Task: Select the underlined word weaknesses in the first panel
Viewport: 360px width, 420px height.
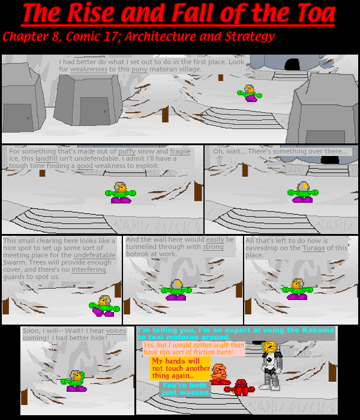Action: (89, 69)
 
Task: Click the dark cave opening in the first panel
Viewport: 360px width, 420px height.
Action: (293, 64)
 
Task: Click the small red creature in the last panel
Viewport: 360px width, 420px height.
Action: (241, 386)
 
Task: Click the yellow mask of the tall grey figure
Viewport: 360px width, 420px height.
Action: (269, 347)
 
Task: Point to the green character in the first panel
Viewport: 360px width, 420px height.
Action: (250, 93)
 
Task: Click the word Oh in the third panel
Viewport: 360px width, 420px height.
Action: (218, 151)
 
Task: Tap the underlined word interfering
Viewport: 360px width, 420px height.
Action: (88, 270)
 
